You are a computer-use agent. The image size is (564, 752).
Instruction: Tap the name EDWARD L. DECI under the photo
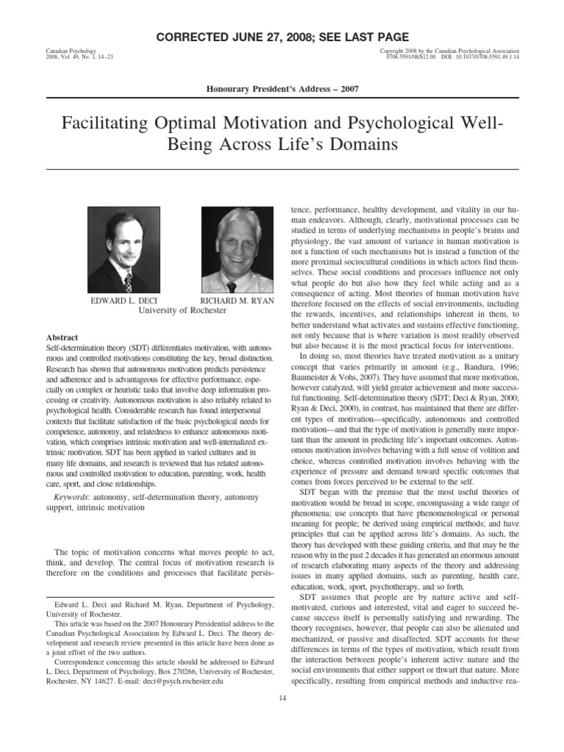click(x=121, y=300)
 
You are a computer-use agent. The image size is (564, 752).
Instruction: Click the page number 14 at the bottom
click(x=281, y=697)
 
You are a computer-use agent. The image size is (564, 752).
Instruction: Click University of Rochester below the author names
click(x=183, y=311)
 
